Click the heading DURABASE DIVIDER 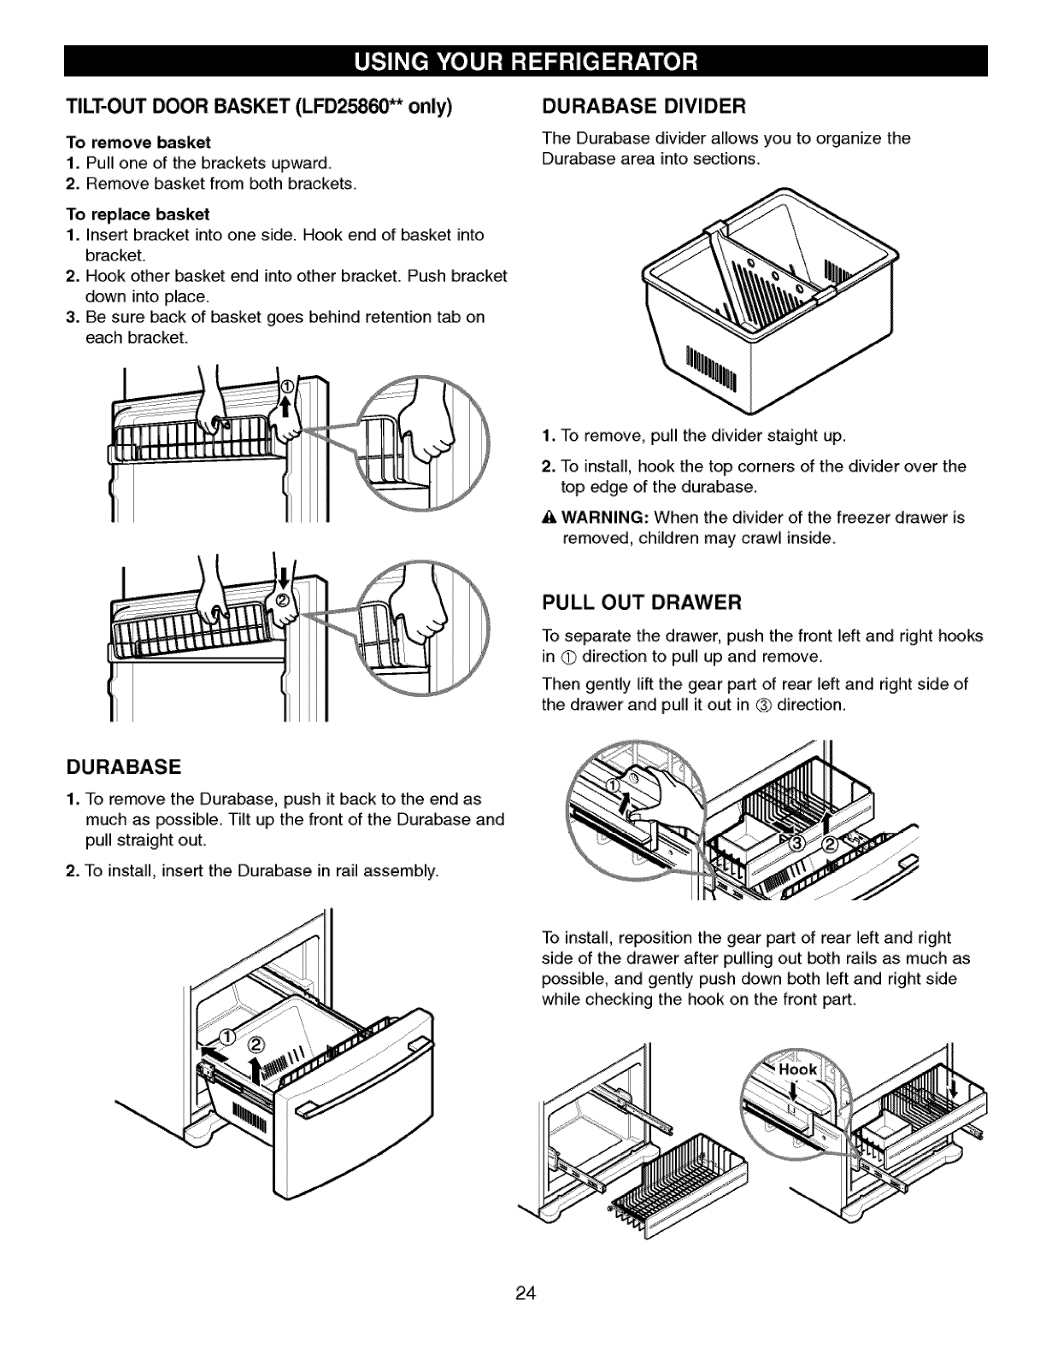[x=645, y=107]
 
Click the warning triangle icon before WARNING [x=549, y=518]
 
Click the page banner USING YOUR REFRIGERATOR [x=523, y=61]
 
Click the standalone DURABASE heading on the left [x=124, y=766]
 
